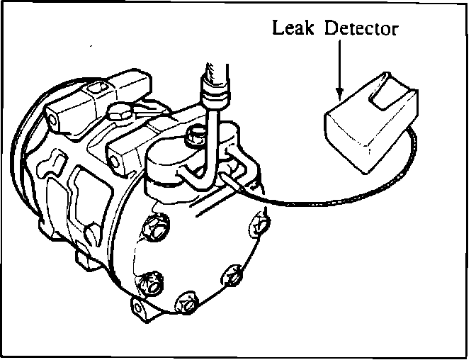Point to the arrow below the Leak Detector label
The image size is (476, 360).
point(339,71)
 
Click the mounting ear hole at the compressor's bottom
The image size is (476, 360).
point(139,306)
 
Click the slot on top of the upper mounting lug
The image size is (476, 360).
point(98,89)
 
